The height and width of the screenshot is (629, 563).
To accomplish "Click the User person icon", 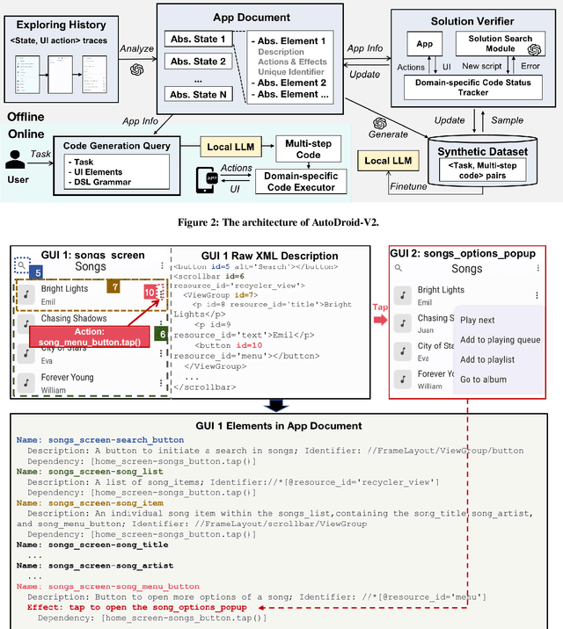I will click(16, 162).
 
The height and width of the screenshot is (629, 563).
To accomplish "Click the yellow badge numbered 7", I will click(113, 286).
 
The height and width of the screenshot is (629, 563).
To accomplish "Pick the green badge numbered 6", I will click(161, 334).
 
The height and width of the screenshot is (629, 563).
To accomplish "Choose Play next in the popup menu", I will click(478, 321).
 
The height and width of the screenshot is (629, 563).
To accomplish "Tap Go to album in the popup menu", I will click(483, 380).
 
